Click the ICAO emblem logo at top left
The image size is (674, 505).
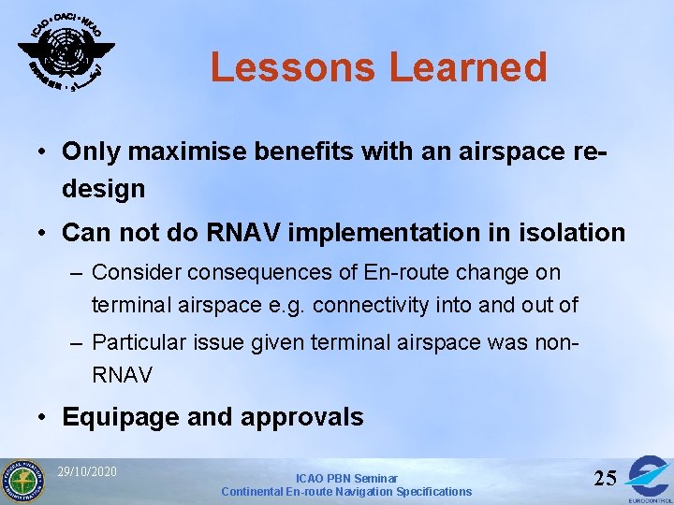[x=66, y=51]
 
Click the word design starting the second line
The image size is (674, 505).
[x=104, y=189]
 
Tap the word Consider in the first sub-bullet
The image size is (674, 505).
[x=137, y=273]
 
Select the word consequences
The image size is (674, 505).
[x=261, y=273]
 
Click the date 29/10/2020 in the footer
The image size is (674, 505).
[x=86, y=471]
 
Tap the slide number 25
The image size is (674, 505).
[x=605, y=478]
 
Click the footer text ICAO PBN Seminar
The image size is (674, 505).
[x=346, y=478]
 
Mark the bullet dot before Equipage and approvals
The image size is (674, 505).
[x=43, y=417]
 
